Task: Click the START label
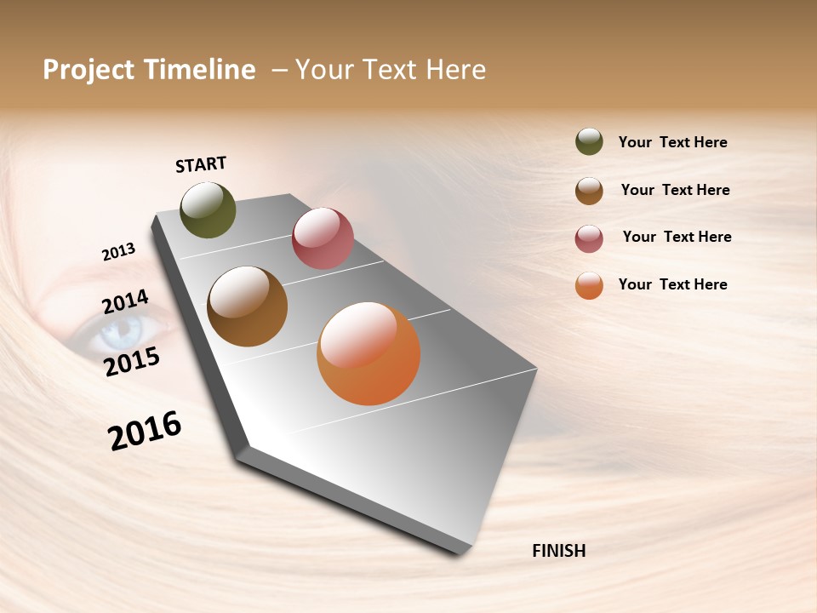click(201, 164)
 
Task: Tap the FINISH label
click(558, 551)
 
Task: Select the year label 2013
click(118, 252)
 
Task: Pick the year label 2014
click(125, 301)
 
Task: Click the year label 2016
click(145, 431)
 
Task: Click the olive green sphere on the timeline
click(208, 210)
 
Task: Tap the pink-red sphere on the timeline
click(323, 238)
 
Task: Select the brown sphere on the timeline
click(247, 306)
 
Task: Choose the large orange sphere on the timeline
click(369, 353)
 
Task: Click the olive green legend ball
click(589, 142)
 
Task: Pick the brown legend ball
click(589, 191)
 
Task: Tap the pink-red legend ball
click(589, 238)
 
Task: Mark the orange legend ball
click(589, 286)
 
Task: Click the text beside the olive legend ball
click(672, 142)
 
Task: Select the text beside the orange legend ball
click(672, 284)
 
